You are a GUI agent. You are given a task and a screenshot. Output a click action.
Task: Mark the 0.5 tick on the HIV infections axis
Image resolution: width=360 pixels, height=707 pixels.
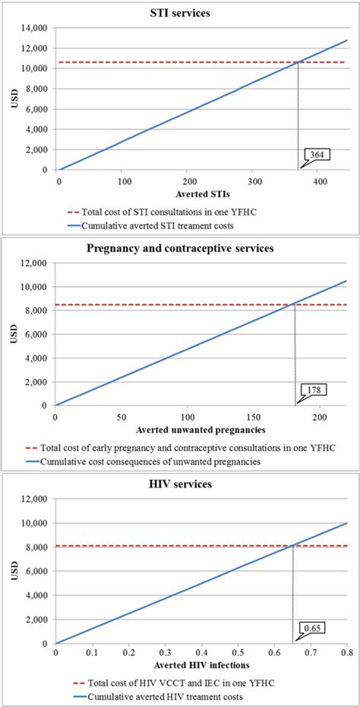[238, 653]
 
